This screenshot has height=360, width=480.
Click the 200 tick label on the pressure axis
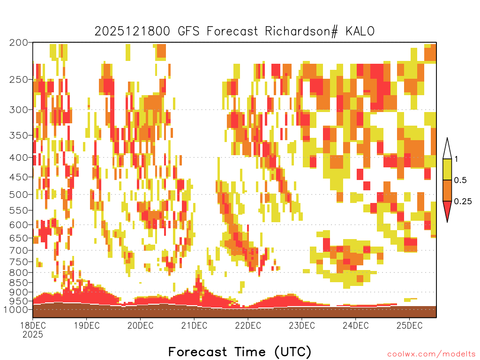click(x=19, y=43)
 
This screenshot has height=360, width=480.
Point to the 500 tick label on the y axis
click(x=19, y=195)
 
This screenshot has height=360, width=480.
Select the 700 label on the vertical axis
click(x=19, y=250)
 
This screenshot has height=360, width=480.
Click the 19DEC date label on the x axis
click(x=87, y=325)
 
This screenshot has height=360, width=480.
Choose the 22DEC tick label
click(x=248, y=325)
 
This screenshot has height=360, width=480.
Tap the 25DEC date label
click(x=410, y=325)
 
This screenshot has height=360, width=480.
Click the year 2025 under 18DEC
click(x=33, y=335)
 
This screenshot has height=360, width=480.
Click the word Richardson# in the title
click(x=301, y=31)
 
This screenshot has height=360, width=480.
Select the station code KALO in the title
click(x=360, y=31)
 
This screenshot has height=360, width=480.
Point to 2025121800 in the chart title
click(x=132, y=31)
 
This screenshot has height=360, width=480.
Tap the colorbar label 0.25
click(x=463, y=202)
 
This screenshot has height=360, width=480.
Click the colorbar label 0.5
click(x=460, y=180)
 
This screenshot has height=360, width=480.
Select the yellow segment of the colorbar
click(x=447, y=169)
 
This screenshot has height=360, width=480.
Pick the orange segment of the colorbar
click(x=447, y=190)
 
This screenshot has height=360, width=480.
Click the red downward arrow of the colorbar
click(x=447, y=210)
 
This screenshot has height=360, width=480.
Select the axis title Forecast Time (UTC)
click(x=240, y=352)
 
